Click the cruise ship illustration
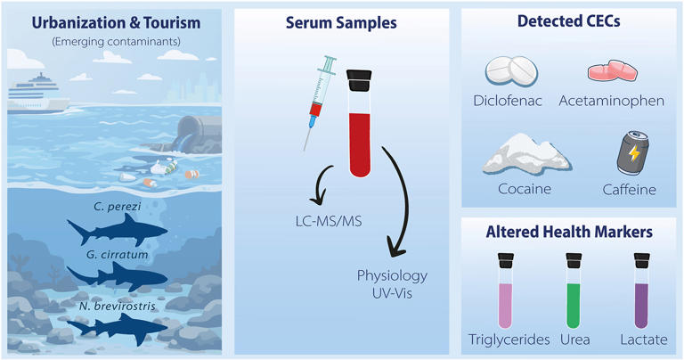[x=37, y=94]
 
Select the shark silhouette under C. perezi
[x=117, y=230]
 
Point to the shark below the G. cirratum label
[x=117, y=275]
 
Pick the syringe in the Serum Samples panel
[x=319, y=102]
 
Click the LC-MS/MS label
[x=329, y=221]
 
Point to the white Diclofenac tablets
[x=511, y=71]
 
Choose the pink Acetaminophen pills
[x=613, y=71]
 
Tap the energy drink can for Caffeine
[x=632, y=152]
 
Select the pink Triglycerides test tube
[x=506, y=290]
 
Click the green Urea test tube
[x=574, y=290]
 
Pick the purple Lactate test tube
[x=641, y=290]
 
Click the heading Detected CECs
[x=569, y=21]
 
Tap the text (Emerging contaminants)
[x=116, y=42]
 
